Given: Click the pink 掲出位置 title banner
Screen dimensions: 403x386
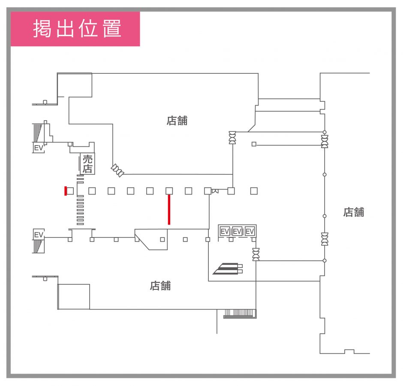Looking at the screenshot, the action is (75, 29).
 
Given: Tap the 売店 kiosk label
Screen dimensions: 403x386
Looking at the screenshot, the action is (87, 164).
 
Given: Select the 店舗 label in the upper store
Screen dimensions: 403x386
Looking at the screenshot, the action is (177, 121).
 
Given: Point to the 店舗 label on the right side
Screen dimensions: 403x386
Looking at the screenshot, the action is (354, 212).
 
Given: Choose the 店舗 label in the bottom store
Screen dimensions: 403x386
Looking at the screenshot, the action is (160, 286).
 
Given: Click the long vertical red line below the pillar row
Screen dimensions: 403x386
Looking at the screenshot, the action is (169, 210).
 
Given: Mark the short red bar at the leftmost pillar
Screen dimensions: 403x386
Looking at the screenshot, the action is (66, 191).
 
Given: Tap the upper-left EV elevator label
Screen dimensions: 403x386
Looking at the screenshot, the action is (39, 148).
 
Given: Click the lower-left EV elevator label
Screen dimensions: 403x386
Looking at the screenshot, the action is (39, 235).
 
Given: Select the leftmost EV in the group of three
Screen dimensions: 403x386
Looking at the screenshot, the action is (225, 231).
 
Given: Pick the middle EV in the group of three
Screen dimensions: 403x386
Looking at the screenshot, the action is (237, 231).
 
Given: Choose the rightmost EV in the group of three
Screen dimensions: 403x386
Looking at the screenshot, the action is (250, 231).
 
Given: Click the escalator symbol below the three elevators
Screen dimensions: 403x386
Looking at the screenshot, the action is (228, 269).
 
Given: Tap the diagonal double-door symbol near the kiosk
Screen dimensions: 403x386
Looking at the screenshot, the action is (117, 170).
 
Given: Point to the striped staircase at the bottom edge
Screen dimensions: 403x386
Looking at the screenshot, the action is (240, 314).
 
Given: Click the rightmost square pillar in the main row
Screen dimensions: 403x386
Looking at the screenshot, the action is (254, 191).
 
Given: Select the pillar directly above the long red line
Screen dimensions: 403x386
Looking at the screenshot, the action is (169, 191).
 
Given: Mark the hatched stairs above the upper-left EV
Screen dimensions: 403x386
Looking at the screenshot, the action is (38, 133).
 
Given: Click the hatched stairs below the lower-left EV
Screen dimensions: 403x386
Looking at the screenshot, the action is (38, 246).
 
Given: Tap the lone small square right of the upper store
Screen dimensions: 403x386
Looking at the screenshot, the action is (254, 144).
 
